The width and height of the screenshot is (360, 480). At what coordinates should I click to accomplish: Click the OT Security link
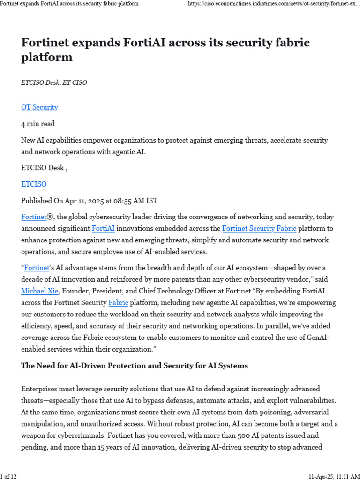[39, 107]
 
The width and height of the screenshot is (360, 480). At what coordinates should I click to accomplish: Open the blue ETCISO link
[34, 184]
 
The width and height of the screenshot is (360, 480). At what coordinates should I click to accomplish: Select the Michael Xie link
[40, 291]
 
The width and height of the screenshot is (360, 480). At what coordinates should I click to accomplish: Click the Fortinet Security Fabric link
[259, 228]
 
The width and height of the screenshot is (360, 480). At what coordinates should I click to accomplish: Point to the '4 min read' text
[38, 124]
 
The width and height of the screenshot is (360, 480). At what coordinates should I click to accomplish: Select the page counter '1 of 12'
[9, 477]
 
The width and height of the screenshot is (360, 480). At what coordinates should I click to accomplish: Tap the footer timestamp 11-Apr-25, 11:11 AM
[334, 477]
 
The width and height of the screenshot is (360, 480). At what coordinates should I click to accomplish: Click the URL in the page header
[273, 4]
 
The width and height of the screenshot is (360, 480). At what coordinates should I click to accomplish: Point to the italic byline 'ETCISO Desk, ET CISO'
[54, 82]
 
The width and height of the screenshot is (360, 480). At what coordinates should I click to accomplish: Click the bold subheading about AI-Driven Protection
[135, 366]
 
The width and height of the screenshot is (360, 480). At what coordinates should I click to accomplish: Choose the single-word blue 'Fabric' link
[118, 302]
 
